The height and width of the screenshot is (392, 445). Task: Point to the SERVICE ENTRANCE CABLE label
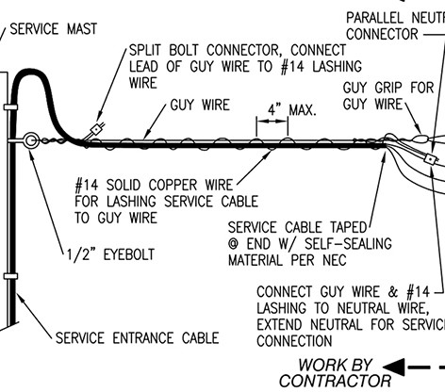click(138, 337)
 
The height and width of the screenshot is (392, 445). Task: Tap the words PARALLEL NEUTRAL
click(394, 18)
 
